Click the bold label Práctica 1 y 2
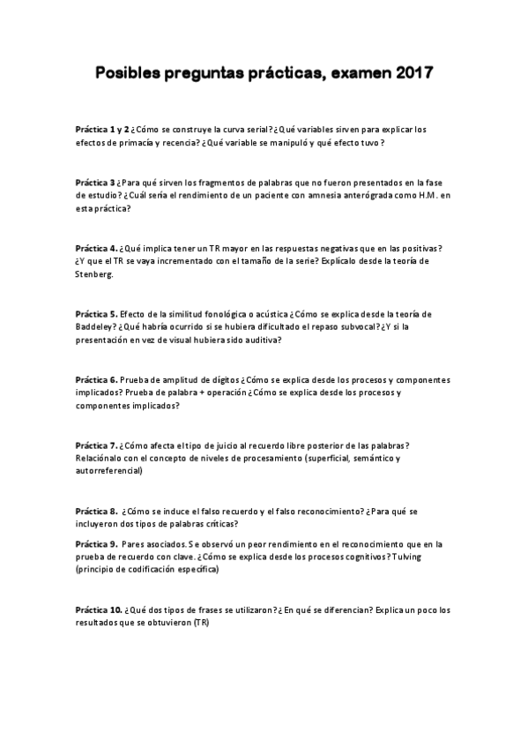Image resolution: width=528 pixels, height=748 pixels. click(102, 129)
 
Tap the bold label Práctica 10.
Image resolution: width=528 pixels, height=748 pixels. click(99, 609)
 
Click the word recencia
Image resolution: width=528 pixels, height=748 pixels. click(176, 142)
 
